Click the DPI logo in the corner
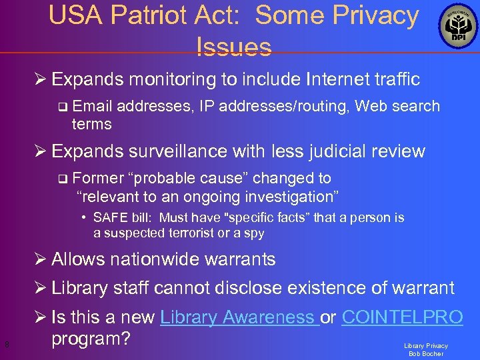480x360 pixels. point(457,27)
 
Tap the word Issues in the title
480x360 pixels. point(234,46)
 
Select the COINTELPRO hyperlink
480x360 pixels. point(402,317)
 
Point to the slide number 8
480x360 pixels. point(6,345)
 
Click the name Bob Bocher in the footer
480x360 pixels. point(426,354)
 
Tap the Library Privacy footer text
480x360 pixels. point(426,346)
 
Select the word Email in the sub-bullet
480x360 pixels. point(93,106)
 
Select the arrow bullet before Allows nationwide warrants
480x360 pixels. point(41,259)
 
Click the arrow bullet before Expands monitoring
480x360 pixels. point(41,80)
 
